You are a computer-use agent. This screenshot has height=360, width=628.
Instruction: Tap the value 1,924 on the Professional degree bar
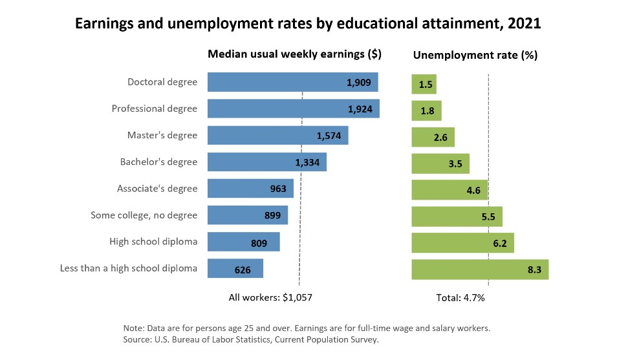360,109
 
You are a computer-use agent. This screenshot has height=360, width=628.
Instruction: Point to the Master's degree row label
162,135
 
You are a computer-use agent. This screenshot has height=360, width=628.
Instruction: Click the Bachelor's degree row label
158,162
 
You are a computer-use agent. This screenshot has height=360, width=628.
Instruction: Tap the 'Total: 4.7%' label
461,297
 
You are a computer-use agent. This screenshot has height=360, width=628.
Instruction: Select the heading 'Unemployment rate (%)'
475,56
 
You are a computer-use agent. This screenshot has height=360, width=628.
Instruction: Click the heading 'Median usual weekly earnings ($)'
294,54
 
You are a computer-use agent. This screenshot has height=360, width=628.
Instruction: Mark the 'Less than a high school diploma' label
128,268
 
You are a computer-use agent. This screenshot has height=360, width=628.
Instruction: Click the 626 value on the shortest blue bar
243,270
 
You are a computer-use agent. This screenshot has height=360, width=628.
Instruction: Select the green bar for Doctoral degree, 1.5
424,84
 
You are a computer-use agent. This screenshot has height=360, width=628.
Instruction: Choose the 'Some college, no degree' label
144,215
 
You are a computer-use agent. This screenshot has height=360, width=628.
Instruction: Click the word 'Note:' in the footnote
133,328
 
